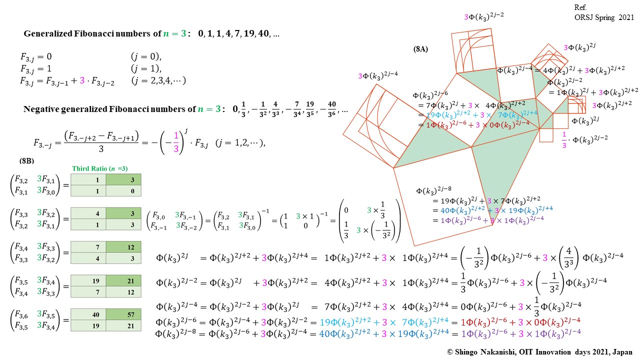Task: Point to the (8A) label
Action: coord(420,49)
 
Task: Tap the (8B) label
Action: coord(27,161)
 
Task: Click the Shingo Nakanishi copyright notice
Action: coord(540,352)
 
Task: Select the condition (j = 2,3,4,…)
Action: coord(158,80)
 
